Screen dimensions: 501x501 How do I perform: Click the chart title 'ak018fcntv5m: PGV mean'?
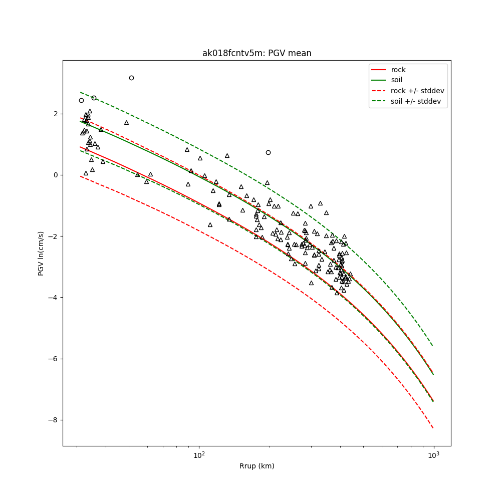257,53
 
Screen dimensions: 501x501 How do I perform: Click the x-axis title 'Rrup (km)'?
257,466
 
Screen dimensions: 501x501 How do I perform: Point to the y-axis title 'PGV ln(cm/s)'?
41,253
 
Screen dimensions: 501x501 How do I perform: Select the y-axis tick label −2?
55,236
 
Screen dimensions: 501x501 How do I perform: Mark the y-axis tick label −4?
55,298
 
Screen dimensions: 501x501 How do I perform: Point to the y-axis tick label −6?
55,359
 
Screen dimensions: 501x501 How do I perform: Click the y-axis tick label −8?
55,420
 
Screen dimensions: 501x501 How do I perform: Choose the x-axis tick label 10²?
199,455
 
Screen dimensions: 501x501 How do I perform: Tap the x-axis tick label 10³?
433,455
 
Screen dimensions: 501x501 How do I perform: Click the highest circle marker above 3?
131,78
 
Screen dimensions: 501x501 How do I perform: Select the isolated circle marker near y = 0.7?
268,152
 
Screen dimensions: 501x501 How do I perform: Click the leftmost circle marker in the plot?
81,100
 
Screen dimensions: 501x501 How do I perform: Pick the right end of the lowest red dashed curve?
433,427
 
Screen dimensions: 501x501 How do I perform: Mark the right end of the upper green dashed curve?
433,346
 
